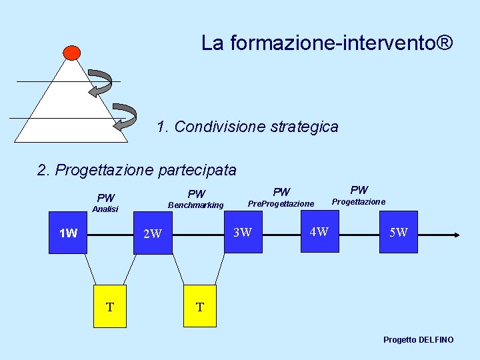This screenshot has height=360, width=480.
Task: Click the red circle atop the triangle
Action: [x=71, y=53]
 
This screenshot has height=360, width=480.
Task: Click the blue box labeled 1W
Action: [x=68, y=233]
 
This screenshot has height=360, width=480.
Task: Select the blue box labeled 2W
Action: [x=153, y=234]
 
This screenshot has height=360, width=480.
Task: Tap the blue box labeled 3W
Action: [x=243, y=233]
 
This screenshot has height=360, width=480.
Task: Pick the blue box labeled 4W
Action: [x=319, y=232]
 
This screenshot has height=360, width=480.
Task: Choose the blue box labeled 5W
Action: [x=399, y=233]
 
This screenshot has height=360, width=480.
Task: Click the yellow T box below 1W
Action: [x=110, y=307]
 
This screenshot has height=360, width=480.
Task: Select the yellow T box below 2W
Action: [x=200, y=307]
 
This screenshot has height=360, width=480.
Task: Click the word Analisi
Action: [x=105, y=209]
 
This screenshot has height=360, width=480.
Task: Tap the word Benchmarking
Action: [x=196, y=205]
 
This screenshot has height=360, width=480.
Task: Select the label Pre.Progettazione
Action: [x=281, y=203]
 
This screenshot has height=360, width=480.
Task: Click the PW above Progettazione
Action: [x=359, y=191]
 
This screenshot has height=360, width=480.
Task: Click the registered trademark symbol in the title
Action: [x=445, y=43]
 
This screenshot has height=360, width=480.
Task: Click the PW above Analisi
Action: [x=106, y=197]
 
